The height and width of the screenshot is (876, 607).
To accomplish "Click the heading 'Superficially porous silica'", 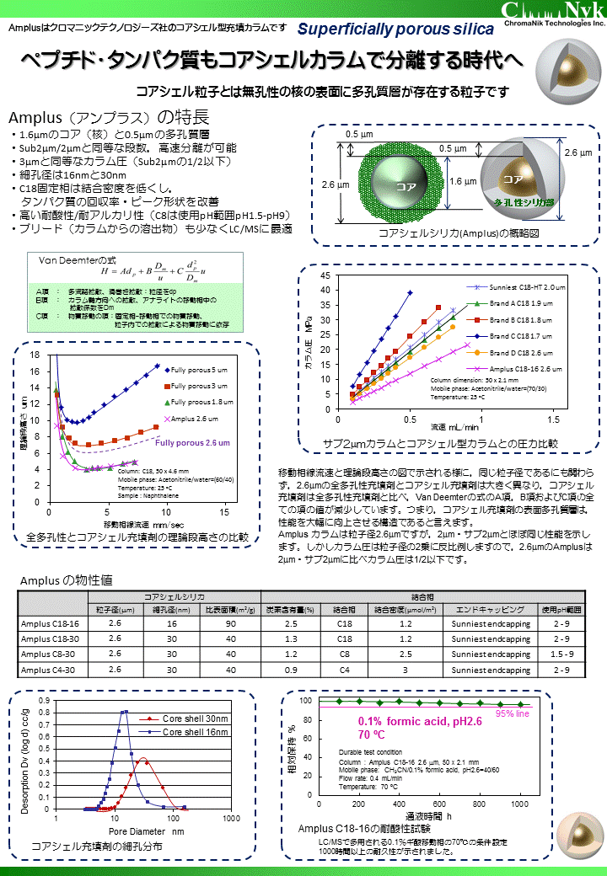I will (x=395, y=29).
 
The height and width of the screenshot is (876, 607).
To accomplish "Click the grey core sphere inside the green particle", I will (x=395, y=181).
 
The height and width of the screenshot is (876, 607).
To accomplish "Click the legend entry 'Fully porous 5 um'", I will (x=199, y=369).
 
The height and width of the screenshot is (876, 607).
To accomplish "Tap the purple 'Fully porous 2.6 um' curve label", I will (x=193, y=443).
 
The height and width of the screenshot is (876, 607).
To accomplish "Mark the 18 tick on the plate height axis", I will (x=35, y=355).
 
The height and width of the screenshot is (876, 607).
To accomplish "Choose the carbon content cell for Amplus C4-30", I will (x=291, y=670).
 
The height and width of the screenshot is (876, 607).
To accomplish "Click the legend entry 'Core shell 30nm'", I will (x=195, y=718).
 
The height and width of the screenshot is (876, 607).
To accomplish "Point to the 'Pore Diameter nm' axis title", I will (x=144, y=831).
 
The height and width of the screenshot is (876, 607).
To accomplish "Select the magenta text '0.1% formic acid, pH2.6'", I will (x=420, y=722).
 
